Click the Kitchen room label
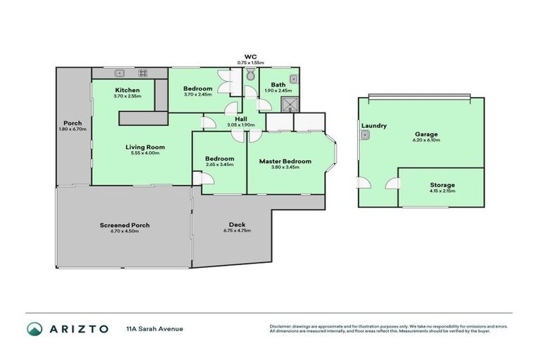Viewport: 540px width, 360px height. tap(127, 90)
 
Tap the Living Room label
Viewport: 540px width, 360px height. tap(146, 147)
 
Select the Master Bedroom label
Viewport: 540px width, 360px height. tap(285, 161)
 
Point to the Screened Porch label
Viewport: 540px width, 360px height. tap(126, 225)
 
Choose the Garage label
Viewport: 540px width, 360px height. tap(426, 134)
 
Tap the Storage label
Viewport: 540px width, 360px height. tap(442, 185)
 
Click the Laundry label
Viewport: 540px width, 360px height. tap(374, 126)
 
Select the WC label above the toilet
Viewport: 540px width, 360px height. tap(250, 56)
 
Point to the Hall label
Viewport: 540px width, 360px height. tap(240, 119)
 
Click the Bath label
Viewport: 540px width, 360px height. tap(278, 84)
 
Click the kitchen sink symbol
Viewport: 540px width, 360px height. tap(120, 72)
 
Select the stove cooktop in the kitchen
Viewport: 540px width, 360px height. tap(143, 72)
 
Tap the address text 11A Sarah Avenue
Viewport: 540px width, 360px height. tap(154, 328)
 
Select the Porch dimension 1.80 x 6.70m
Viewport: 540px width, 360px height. tap(73, 129)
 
